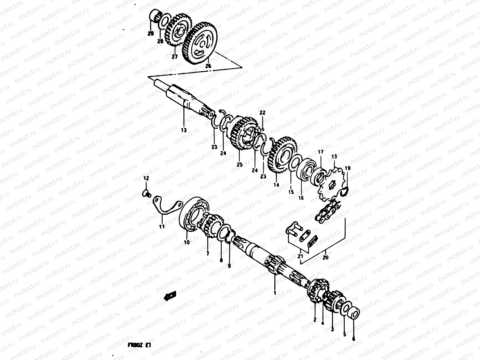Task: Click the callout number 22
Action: coord(262,113)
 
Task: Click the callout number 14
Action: coord(276,185)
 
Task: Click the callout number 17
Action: coord(320,152)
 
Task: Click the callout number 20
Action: coord(326,257)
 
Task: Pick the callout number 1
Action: coord(275,291)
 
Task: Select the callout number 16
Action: coord(301,198)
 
